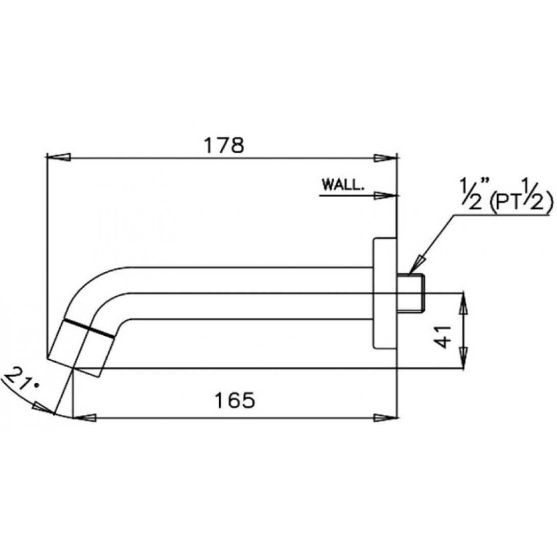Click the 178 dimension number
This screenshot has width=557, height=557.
(224, 146)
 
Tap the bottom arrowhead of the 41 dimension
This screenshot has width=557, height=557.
(463, 358)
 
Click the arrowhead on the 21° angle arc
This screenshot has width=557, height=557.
(43, 408)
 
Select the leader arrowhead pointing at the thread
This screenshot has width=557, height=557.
(416, 263)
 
